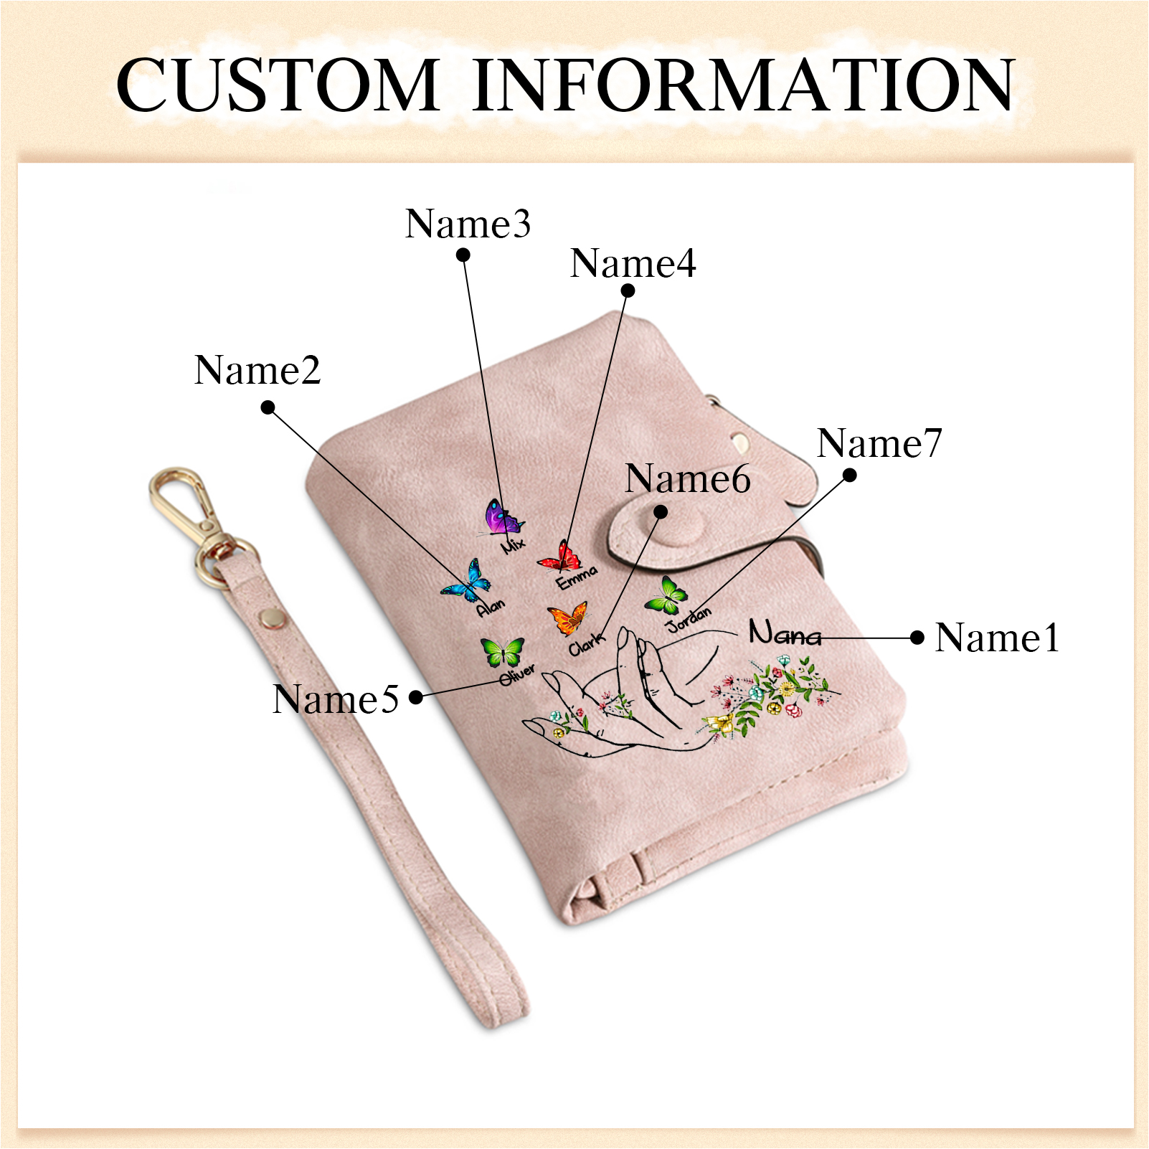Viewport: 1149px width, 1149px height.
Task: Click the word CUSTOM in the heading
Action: click(x=278, y=85)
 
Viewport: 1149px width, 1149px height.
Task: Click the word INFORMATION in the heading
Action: click(x=744, y=85)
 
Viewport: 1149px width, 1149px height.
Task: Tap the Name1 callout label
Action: click(x=998, y=637)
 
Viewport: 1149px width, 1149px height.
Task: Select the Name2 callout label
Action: click(x=257, y=370)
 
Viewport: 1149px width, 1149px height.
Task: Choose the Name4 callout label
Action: click(x=633, y=263)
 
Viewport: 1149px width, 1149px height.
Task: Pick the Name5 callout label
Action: click(x=336, y=699)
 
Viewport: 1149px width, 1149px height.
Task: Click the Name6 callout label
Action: click(x=688, y=478)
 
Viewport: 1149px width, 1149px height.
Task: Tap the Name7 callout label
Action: click(x=879, y=443)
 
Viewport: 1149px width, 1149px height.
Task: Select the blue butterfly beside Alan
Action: click(x=467, y=581)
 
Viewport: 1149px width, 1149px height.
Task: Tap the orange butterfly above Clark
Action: click(x=568, y=618)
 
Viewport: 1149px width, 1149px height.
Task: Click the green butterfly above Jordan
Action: click(x=667, y=595)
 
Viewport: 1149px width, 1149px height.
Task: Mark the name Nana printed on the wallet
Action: click(x=785, y=633)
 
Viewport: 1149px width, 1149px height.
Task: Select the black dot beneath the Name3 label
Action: click(x=463, y=255)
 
